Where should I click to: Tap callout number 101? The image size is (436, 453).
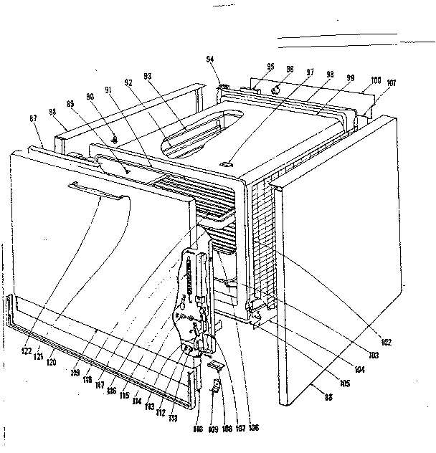tap(390, 83)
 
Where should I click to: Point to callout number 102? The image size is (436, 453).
tap(387, 343)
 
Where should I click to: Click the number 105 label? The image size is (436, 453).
tap(344, 385)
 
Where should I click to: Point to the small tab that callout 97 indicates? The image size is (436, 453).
tap(228, 163)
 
